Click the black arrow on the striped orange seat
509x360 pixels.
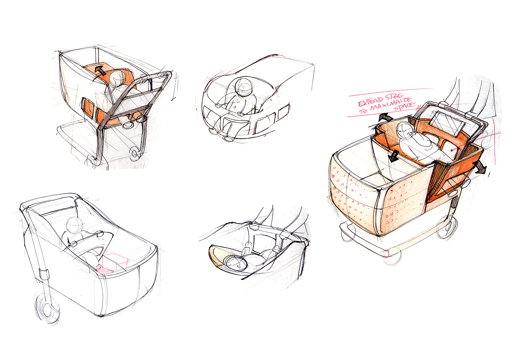click(x=100, y=71)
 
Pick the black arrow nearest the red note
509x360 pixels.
click(x=385, y=117)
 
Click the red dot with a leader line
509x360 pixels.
click(x=452, y=150)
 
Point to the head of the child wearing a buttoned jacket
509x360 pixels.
click(x=244, y=87)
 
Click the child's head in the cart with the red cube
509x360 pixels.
click(x=74, y=225)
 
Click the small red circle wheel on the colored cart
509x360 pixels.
click(x=386, y=253)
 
